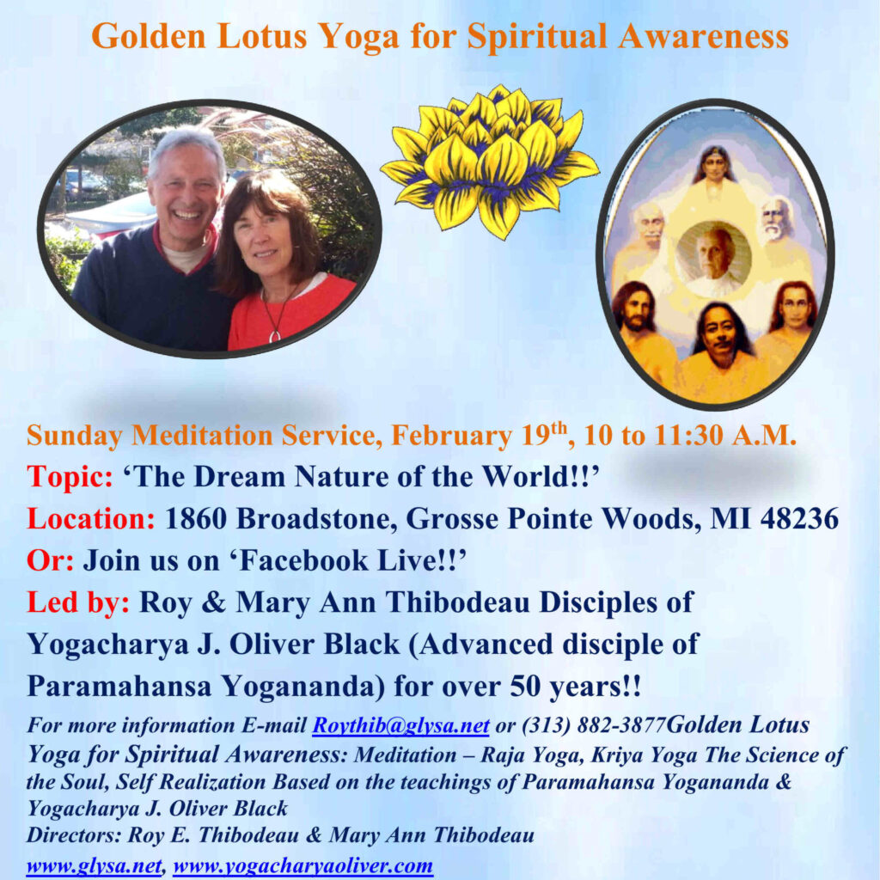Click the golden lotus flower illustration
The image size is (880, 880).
(x=489, y=162)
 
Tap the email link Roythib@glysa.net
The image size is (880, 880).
(x=400, y=725)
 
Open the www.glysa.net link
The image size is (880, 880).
(x=94, y=866)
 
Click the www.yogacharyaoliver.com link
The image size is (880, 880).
(x=303, y=866)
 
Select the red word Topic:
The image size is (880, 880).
(x=70, y=477)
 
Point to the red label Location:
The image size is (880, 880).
(x=91, y=518)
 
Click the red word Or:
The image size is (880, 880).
(x=50, y=560)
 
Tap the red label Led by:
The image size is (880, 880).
(x=78, y=602)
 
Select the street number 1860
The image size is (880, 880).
(x=196, y=518)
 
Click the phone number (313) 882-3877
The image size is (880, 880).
(x=594, y=725)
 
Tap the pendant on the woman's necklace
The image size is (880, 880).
(x=275, y=336)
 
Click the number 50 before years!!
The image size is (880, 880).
(x=526, y=686)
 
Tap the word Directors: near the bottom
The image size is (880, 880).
(x=74, y=835)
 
